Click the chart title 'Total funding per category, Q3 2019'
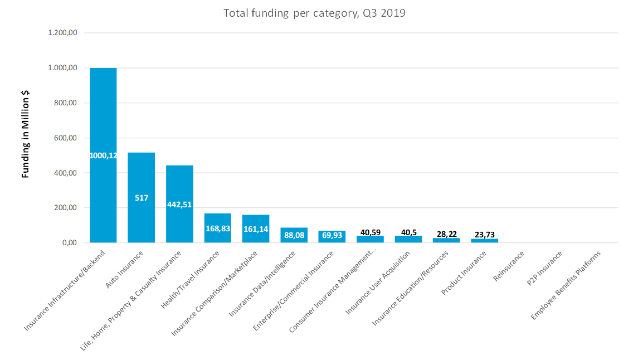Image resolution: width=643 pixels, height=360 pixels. click(314, 13)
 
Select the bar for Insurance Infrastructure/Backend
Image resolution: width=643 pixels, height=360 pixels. click(103, 155)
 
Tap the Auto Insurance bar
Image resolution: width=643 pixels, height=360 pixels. click(142, 198)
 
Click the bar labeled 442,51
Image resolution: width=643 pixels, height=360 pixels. click(179, 204)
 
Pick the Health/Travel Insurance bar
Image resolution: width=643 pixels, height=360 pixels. click(218, 228)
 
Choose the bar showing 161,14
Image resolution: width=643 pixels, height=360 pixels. click(256, 229)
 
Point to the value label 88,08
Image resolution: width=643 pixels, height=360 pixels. click(294, 235)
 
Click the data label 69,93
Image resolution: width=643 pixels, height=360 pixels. click(332, 235)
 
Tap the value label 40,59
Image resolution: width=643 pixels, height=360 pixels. click(371, 232)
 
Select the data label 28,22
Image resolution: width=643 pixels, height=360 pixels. click(446, 234)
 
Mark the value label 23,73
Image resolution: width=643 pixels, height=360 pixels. click(485, 235)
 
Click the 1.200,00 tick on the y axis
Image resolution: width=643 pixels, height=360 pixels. click(63, 33)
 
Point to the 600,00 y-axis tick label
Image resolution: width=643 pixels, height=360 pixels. click(66, 138)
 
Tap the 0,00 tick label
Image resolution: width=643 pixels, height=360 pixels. click(70, 243)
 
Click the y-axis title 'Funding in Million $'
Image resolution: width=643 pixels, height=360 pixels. click(26, 134)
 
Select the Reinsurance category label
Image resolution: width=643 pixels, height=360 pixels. click(509, 266)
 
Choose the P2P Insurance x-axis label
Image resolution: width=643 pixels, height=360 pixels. click(544, 268)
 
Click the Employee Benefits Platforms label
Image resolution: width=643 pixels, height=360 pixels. click(566, 285)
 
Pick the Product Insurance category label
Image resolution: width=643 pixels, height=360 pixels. click(464, 273)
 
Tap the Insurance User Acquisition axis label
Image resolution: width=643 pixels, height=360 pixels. click(377, 283)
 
